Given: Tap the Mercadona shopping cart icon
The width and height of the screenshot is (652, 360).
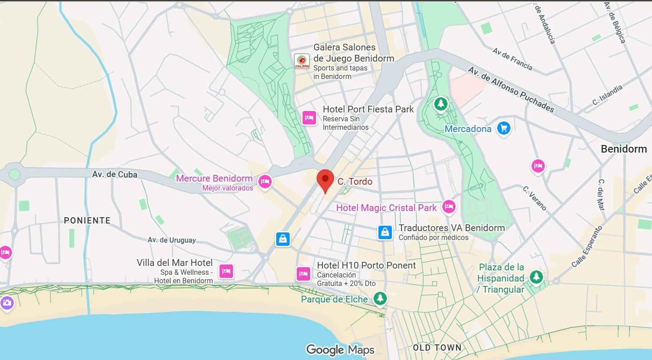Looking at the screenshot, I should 504,129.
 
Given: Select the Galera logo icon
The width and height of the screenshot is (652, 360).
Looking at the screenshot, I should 302,61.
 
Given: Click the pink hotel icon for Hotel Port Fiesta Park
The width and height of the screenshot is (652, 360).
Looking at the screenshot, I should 309,118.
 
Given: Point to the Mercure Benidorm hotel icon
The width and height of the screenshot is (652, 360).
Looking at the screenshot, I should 266,182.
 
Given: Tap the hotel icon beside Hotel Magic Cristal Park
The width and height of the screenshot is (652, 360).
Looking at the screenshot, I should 449,207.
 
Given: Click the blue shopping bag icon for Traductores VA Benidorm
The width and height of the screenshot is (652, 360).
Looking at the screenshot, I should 385,232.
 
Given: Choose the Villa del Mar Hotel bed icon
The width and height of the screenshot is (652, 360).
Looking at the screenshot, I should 226,271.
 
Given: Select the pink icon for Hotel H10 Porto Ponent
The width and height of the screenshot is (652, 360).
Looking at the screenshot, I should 303,273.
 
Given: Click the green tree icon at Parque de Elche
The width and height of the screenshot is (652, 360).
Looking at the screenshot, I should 380,298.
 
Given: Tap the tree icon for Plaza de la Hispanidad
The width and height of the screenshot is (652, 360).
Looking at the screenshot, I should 536,277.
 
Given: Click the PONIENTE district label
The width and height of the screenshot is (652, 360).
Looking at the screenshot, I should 87,220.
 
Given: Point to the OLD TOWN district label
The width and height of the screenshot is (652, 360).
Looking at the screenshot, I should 437,348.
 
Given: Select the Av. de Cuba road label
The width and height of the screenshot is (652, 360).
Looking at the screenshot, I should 115,174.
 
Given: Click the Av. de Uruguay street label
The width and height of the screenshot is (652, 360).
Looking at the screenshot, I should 172,240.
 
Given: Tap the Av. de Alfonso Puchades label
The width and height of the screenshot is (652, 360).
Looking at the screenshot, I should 511,90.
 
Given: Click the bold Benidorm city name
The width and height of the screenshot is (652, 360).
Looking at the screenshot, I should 623,149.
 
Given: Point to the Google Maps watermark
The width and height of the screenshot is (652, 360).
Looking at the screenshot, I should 340,350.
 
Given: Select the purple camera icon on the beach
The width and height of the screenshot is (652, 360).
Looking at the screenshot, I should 7,303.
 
